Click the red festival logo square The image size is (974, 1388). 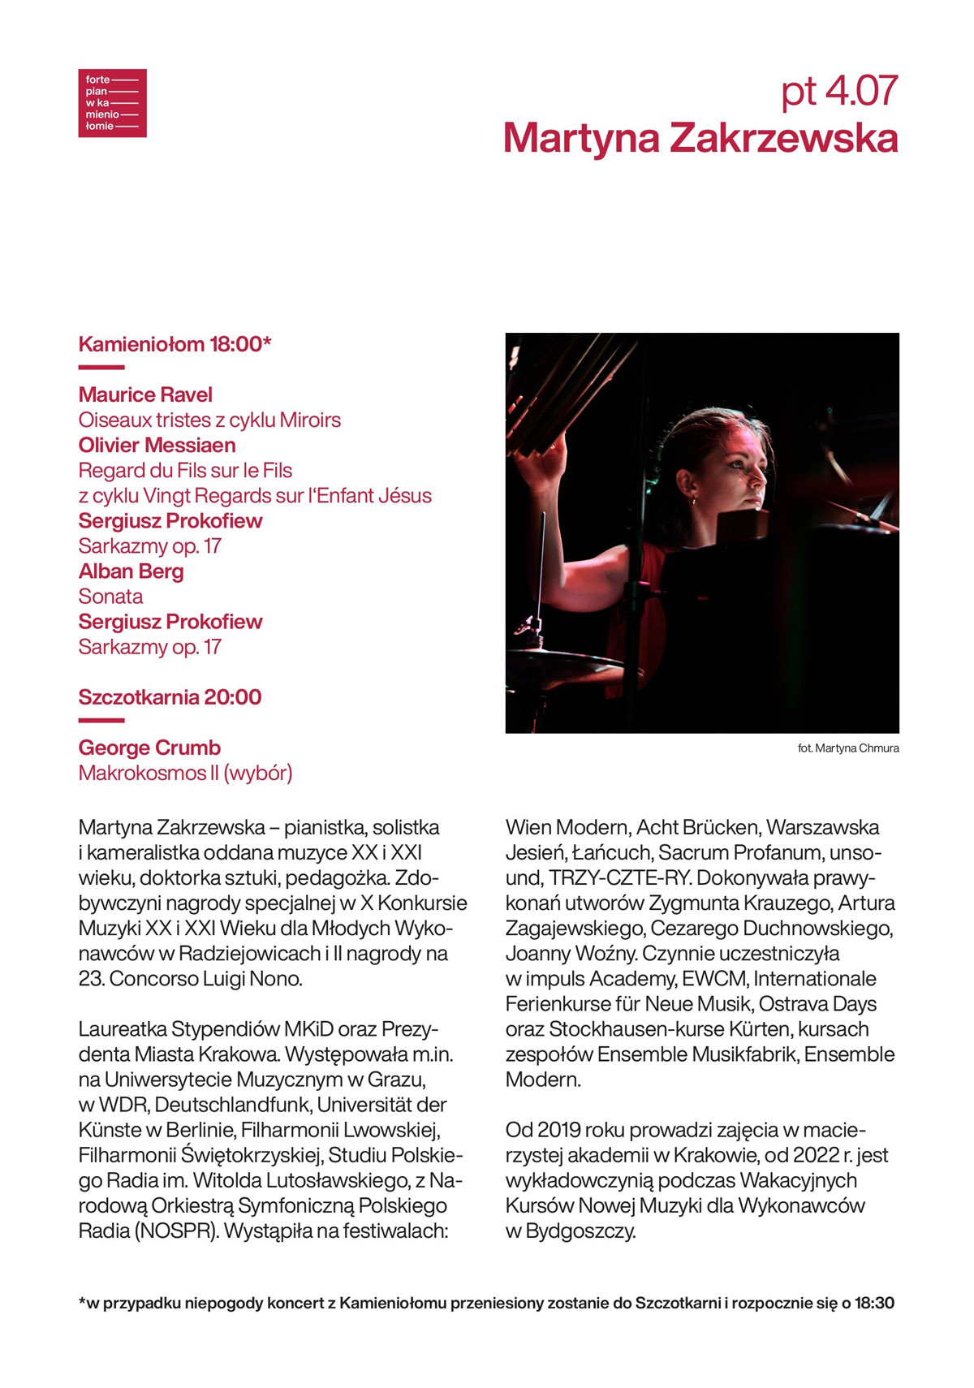(112, 103)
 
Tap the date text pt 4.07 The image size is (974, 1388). (839, 91)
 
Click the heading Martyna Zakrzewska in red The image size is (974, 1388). (700, 138)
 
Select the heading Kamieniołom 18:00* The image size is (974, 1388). (175, 344)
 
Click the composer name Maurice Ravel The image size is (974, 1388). (145, 395)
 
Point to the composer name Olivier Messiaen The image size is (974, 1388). (157, 446)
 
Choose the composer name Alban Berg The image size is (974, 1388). (131, 571)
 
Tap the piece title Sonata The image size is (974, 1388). (110, 597)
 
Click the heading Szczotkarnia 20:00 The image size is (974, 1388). (170, 697)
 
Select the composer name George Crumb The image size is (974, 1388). (149, 748)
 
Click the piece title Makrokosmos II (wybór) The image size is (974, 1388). (185, 773)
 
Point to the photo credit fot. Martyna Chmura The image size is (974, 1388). (848, 748)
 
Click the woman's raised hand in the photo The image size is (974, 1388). (542, 463)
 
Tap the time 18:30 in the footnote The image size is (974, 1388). (874, 1304)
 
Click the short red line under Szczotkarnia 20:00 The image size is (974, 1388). (101, 720)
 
